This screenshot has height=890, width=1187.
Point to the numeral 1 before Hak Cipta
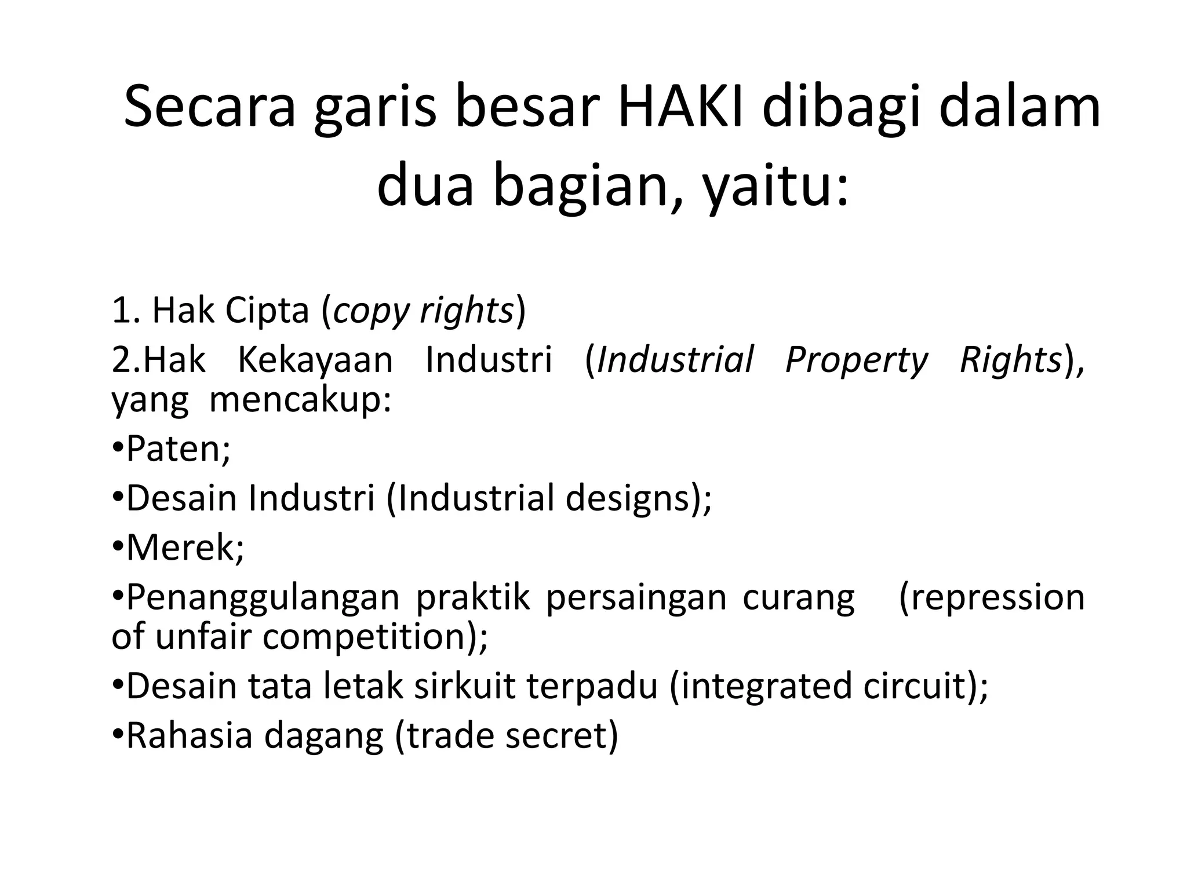(121, 311)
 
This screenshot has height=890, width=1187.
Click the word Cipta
(267, 311)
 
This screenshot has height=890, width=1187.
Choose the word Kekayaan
(315, 360)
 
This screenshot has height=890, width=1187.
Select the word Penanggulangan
(263, 598)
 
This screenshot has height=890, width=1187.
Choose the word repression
(995, 597)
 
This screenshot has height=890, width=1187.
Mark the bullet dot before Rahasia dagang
(118, 734)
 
